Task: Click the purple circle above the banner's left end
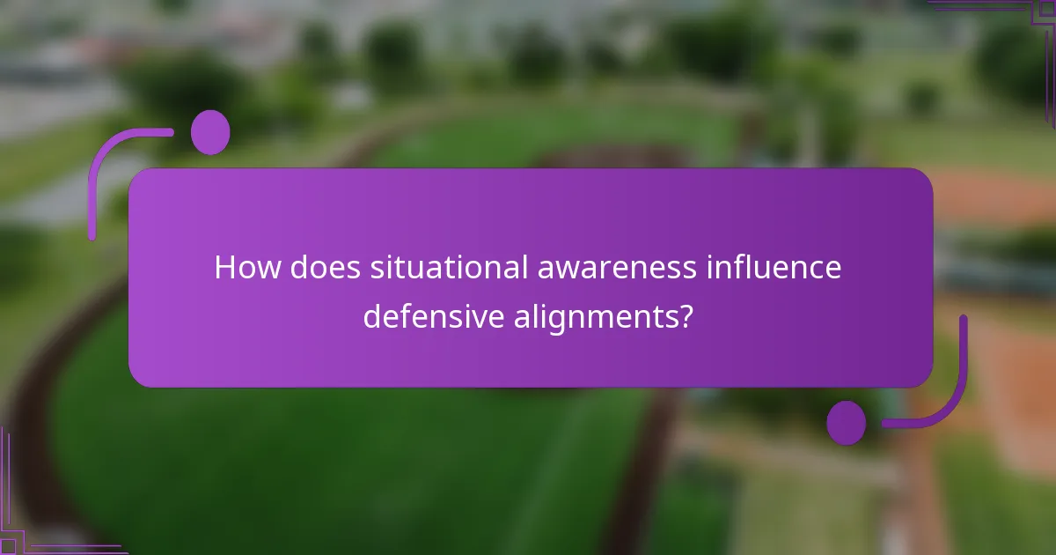point(210,132)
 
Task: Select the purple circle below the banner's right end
point(847,423)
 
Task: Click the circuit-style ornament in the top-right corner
point(1012,22)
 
